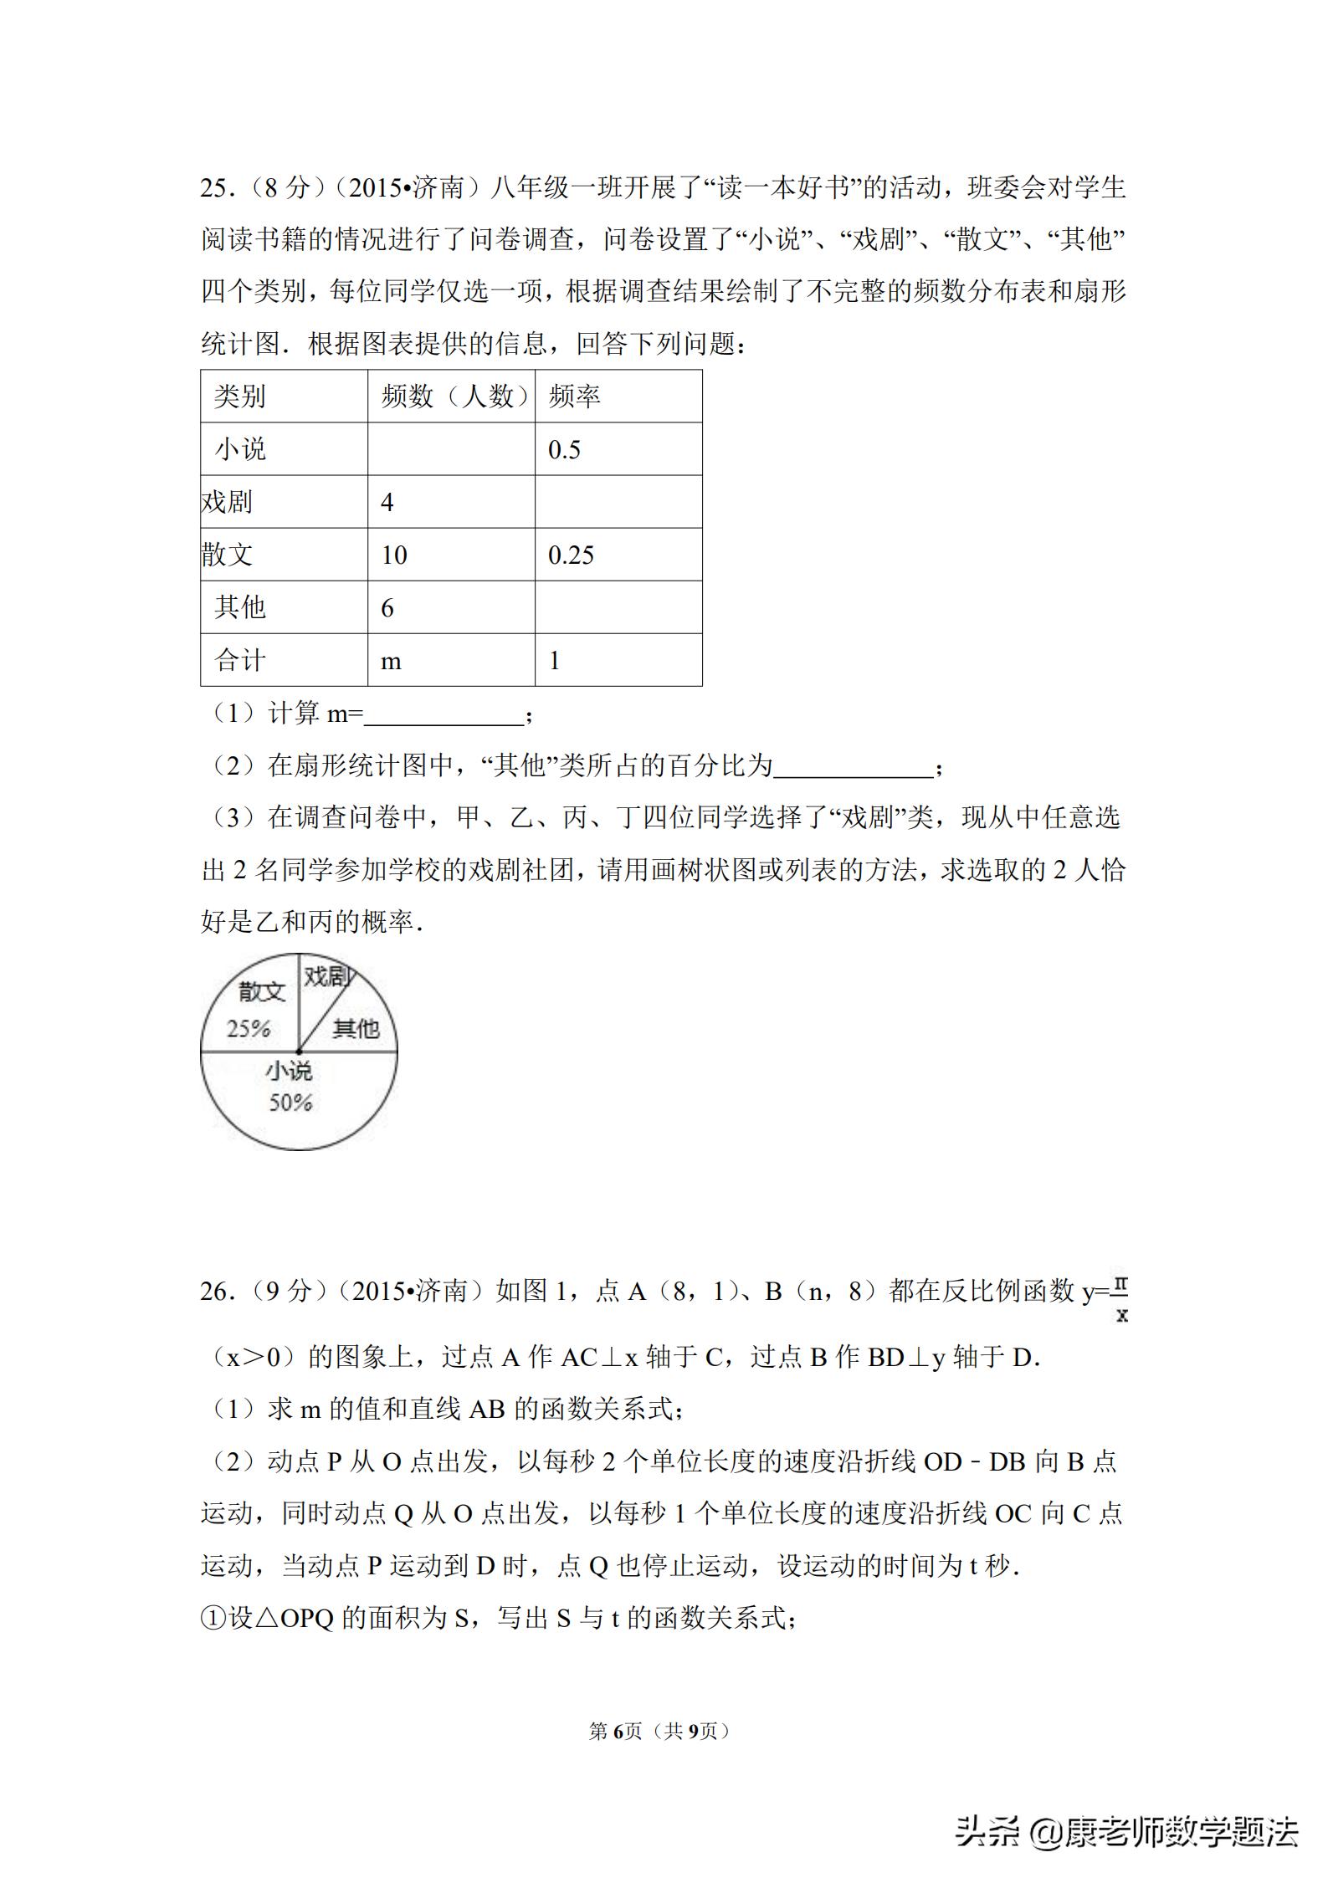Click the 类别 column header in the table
point(239,397)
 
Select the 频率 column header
point(574,397)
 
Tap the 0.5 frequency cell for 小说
point(564,450)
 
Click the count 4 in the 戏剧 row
point(387,503)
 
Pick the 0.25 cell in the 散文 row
point(571,555)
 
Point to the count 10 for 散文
point(393,555)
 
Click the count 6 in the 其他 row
point(387,608)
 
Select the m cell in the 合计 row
point(391,662)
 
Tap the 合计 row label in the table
point(239,661)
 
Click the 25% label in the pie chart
point(249,1028)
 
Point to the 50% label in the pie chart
point(290,1103)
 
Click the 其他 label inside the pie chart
point(356,1028)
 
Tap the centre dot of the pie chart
point(299,1052)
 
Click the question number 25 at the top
point(214,187)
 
